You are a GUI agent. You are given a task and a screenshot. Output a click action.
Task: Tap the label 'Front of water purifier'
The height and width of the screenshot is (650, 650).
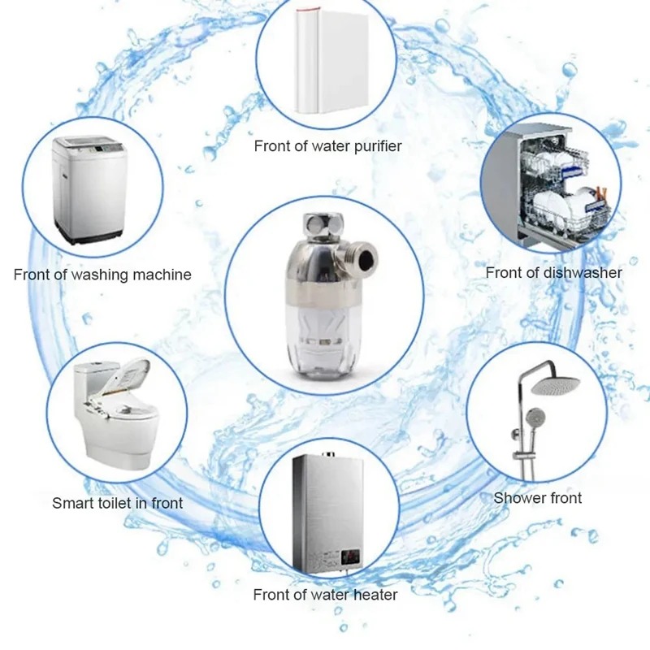click(x=327, y=147)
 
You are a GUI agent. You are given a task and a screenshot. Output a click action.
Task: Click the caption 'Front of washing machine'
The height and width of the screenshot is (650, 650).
click(x=102, y=275)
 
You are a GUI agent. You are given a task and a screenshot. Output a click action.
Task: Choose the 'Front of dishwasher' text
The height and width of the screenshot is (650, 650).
click(x=553, y=273)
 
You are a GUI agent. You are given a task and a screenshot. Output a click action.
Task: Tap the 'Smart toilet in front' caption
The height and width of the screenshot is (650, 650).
click(x=118, y=503)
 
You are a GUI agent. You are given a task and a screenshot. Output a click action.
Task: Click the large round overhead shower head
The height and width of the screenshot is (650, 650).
click(x=552, y=383)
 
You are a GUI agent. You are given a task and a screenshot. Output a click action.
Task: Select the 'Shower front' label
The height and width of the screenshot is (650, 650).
click(x=538, y=497)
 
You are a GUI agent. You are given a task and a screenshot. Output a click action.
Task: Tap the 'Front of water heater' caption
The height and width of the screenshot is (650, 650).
click(x=325, y=595)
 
